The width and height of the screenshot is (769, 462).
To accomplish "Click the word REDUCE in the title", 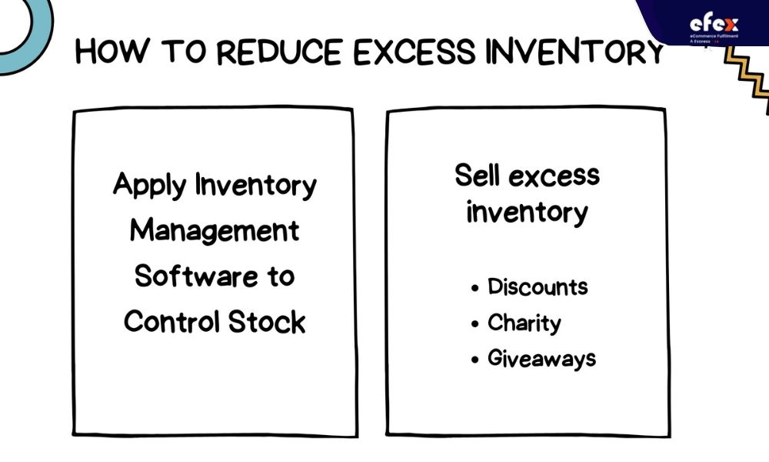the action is click(280, 52).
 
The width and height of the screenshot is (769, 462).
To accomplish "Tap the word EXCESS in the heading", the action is click(414, 52).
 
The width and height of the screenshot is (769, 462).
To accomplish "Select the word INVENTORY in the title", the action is click(574, 52).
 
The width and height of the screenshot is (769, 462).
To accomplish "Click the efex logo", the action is click(714, 25).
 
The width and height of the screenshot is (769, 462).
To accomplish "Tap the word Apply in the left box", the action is click(150, 186).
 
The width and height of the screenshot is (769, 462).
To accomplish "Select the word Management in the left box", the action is click(215, 231).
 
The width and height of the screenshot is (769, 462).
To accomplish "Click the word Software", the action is click(196, 276).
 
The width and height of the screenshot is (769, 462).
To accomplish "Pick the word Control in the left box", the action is click(171, 322).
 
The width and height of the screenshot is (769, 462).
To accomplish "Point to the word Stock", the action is click(267, 322).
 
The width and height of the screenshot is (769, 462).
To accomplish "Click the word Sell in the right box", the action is click(477, 175).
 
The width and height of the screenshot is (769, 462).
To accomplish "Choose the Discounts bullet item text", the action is click(538, 286).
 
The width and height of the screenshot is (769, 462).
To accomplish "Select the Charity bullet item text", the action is click(524, 323).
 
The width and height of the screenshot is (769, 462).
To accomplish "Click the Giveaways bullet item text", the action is click(542, 359).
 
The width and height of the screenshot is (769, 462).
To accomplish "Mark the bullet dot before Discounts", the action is click(474, 289).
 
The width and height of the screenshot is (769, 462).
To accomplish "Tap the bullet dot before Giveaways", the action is click(474, 360).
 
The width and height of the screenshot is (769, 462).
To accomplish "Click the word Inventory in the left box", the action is click(256, 185).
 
